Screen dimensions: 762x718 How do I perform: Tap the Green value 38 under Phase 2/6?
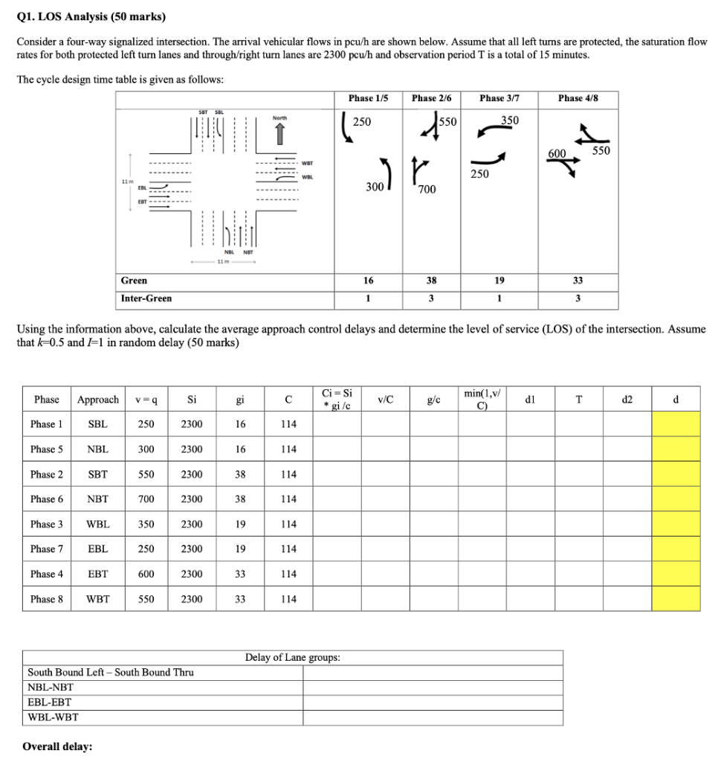point(432,281)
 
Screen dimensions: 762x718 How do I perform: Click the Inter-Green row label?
point(146,298)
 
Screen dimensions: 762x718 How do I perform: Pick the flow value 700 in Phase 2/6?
point(427,190)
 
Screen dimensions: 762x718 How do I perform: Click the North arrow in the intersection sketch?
point(279,133)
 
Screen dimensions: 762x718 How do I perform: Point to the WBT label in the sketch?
point(308,162)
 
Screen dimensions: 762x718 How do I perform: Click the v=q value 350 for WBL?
point(146,524)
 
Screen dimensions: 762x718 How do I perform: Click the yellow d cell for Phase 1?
point(676,424)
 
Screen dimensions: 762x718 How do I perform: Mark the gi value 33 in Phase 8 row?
point(240,599)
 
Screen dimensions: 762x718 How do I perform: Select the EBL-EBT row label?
point(50,702)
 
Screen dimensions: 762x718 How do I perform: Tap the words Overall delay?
point(57,746)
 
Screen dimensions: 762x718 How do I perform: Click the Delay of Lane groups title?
point(293,657)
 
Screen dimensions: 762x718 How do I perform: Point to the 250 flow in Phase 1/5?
point(362,121)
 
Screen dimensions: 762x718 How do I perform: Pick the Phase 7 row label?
point(47,549)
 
